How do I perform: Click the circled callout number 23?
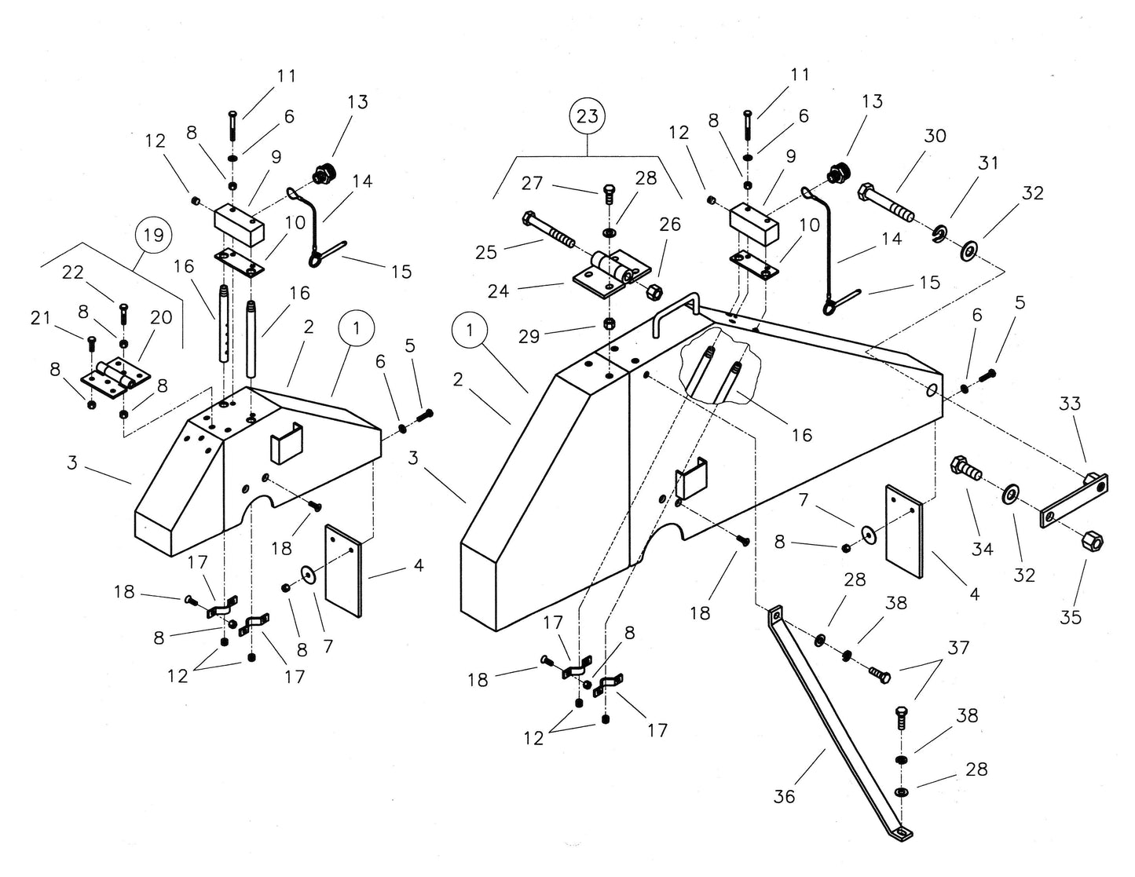point(587,116)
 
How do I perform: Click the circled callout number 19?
point(153,235)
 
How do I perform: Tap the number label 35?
point(1071,617)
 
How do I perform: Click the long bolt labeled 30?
point(886,202)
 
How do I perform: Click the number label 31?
point(988,163)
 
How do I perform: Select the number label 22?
point(72,272)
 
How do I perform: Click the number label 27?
point(532,183)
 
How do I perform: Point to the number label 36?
point(784,796)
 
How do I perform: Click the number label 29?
point(529,336)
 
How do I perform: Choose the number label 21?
point(40,318)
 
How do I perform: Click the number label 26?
point(669,225)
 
